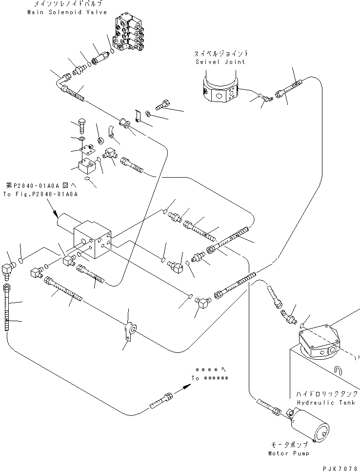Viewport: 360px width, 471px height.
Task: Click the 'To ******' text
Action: pos(209,378)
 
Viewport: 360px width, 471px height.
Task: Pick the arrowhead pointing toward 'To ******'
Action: pos(186,386)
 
